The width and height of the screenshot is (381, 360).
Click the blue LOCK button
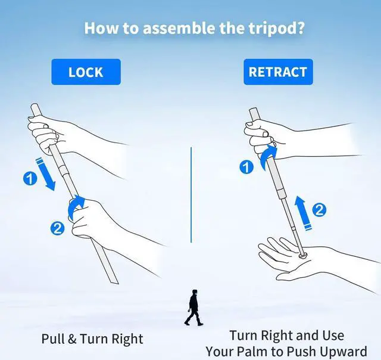click(x=86, y=72)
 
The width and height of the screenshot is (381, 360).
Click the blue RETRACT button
click(x=277, y=72)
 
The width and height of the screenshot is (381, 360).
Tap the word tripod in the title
click(x=268, y=28)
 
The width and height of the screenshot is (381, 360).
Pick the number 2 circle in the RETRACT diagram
click(x=320, y=210)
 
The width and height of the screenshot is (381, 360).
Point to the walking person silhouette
click(x=193, y=308)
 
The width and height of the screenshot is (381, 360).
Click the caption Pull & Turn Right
click(x=92, y=339)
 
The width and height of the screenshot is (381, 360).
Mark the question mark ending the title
click(x=301, y=28)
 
